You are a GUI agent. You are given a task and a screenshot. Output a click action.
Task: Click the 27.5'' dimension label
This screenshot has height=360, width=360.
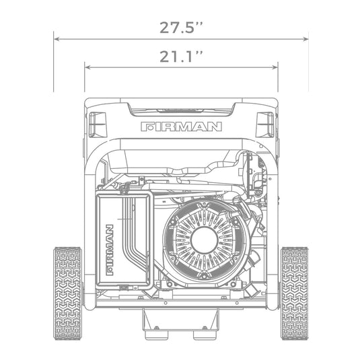(x=181, y=28)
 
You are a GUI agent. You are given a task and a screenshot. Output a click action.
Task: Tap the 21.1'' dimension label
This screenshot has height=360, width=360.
(x=181, y=57)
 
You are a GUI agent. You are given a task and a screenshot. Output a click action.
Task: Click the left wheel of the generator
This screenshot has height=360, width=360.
(x=68, y=293)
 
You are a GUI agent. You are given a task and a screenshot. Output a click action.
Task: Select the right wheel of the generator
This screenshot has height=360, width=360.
(x=294, y=293)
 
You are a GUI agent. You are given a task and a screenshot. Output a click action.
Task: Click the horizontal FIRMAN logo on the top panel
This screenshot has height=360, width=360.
(x=182, y=127)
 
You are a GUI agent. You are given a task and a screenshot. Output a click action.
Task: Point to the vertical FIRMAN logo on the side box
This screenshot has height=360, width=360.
(x=110, y=250)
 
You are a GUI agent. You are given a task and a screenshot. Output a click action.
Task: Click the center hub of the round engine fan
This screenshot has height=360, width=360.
(x=204, y=240)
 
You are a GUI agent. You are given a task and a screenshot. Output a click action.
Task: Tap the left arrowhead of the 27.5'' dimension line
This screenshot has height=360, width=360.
(x=57, y=39)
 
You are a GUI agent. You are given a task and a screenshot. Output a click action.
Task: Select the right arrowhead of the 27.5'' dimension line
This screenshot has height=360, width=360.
(x=305, y=39)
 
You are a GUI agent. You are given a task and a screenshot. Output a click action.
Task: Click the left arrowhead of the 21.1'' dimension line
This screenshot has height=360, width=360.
(x=87, y=67)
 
